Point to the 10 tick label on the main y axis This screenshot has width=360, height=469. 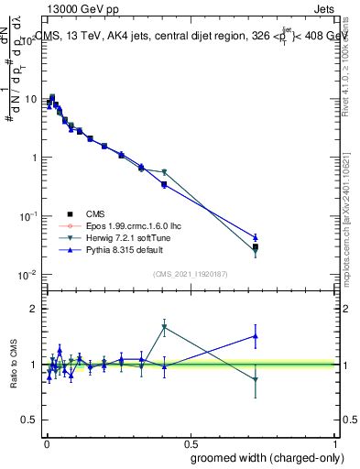29,99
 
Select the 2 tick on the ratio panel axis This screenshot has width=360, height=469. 33,309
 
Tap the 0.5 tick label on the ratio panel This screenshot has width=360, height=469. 29,420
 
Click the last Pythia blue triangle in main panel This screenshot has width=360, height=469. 256,237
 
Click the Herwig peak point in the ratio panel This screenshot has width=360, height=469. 164,326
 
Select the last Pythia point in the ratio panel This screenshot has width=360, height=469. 256,335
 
